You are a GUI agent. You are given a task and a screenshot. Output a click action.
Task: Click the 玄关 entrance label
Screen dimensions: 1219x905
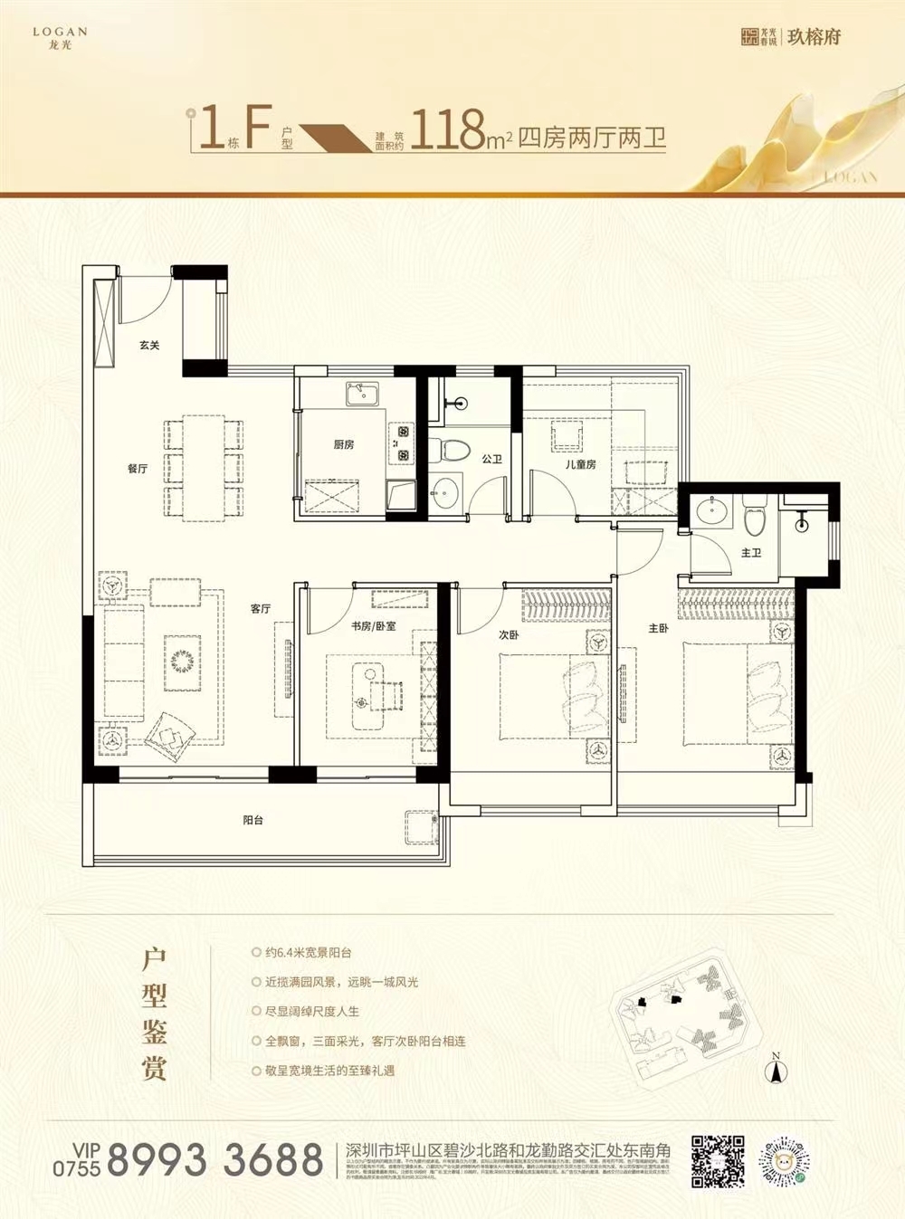tap(149, 345)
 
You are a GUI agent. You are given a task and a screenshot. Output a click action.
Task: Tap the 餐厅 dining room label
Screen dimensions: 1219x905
tap(137, 469)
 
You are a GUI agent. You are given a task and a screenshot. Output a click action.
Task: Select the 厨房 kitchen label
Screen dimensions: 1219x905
tap(343, 444)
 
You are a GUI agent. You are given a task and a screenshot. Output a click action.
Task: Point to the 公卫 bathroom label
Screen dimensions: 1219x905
tap(491, 460)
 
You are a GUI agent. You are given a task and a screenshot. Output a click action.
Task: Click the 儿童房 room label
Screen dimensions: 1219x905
tap(580, 464)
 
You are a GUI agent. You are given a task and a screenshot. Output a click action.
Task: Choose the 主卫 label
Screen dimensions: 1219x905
tap(751, 552)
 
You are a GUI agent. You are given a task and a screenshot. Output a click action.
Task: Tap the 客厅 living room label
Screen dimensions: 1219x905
tap(261, 609)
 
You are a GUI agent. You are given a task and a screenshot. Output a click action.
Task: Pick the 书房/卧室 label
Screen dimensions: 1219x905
tap(374, 626)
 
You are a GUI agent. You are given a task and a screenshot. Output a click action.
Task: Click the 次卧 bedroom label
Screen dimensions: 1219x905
tap(509, 635)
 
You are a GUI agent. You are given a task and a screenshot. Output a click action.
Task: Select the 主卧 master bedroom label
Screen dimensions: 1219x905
tap(659, 628)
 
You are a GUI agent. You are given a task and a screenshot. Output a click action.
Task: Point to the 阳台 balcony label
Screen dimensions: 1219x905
tap(253, 820)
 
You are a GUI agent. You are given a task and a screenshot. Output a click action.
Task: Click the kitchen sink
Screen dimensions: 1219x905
tap(362, 394)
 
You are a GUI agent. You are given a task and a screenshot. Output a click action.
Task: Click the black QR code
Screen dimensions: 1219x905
tap(718, 1160)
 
